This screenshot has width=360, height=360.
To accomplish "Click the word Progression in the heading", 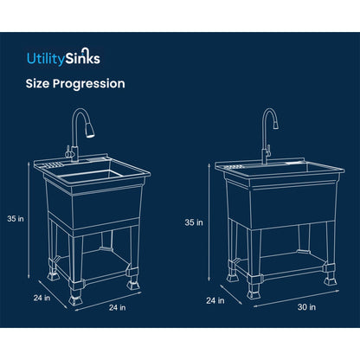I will (x=94, y=84).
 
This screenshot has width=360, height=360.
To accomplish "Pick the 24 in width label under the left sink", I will (x=117, y=306).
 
